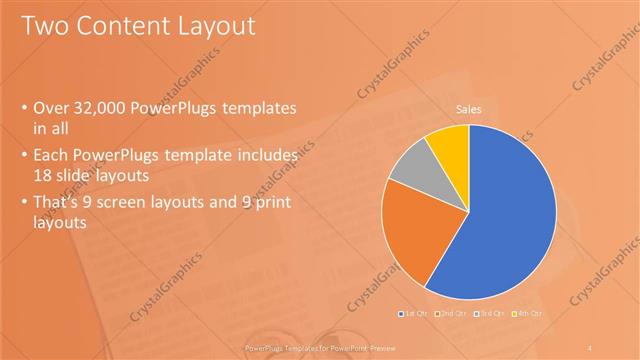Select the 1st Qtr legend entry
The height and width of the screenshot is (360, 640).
[412, 315]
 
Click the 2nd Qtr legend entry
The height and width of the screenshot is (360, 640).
[450, 315]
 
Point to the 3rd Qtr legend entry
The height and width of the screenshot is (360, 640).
[489, 315]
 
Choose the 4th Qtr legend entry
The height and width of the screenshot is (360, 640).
[526, 315]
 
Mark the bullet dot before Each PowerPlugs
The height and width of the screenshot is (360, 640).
[24, 154]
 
